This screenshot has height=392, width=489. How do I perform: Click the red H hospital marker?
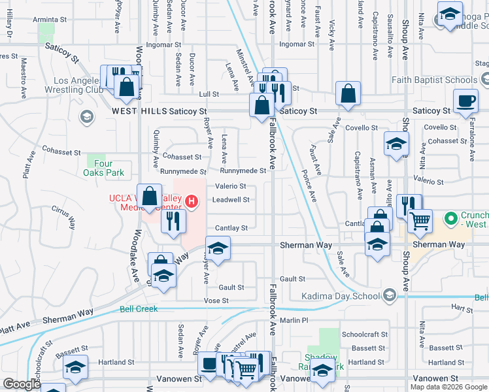[x=191, y=201]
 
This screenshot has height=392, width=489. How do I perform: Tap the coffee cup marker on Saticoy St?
[x=466, y=102]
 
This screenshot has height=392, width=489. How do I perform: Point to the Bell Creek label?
[x=138, y=308]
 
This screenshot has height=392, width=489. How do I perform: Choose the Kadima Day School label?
[x=340, y=296]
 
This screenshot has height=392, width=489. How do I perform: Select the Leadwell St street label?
[x=231, y=200]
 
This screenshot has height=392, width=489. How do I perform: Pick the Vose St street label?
[x=216, y=300]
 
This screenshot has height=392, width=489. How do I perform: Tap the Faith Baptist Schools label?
[x=435, y=80]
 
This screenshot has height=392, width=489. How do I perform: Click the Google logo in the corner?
[x=22, y=384]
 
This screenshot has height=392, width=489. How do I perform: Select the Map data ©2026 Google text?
[x=448, y=387]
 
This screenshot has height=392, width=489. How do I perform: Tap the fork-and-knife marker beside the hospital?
[x=173, y=220]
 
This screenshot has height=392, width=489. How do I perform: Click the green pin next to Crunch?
[x=450, y=218]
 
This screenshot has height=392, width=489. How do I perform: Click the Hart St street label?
[x=462, y=307]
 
